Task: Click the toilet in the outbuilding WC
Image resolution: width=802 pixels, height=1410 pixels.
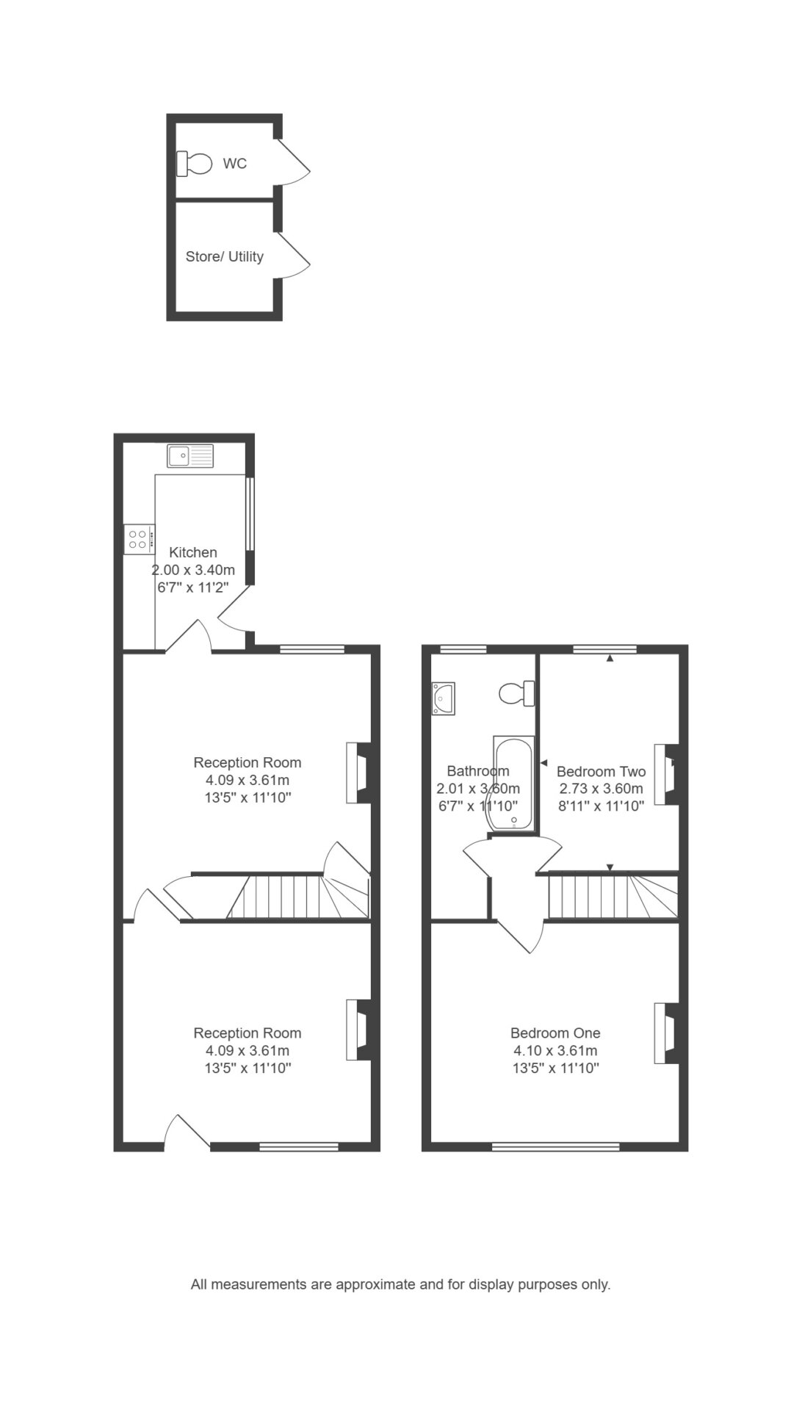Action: tap(194, 163)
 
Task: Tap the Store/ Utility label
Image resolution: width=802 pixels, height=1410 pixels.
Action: tap(224, 257)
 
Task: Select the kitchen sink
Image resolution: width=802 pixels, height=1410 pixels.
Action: tap(190, 456)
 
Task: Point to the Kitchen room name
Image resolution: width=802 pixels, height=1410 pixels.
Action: tap(193, 552)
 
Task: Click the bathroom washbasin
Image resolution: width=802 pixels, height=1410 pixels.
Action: tap(444, 698)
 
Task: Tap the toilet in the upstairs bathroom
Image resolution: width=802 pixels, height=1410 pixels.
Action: tap(516, 693)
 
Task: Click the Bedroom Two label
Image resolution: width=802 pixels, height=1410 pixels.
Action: tap(601, 772)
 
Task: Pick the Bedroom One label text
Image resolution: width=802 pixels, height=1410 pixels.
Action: tap(555, 1033)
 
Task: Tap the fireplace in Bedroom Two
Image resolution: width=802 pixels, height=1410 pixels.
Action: tap(668, 775)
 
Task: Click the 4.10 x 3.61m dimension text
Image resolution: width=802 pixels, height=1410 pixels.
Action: tap(555, 1051)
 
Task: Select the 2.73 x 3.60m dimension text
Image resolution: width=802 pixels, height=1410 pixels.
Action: tap(601, 789)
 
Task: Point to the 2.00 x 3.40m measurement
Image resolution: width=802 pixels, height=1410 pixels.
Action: tap(193, 570)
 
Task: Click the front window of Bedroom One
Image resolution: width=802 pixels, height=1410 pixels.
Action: tap(555, 1146)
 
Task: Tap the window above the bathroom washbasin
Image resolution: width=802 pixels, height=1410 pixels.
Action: tap(463, 649)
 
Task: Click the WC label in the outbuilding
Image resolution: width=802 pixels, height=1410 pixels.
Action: tap(235, 164)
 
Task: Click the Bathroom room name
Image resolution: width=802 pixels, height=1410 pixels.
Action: tap(478, 772)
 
